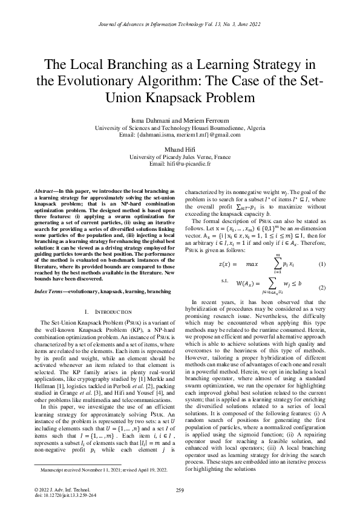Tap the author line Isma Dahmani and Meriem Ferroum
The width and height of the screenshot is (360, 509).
180,122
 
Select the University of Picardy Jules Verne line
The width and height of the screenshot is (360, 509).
180,157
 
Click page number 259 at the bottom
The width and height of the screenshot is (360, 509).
180,490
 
